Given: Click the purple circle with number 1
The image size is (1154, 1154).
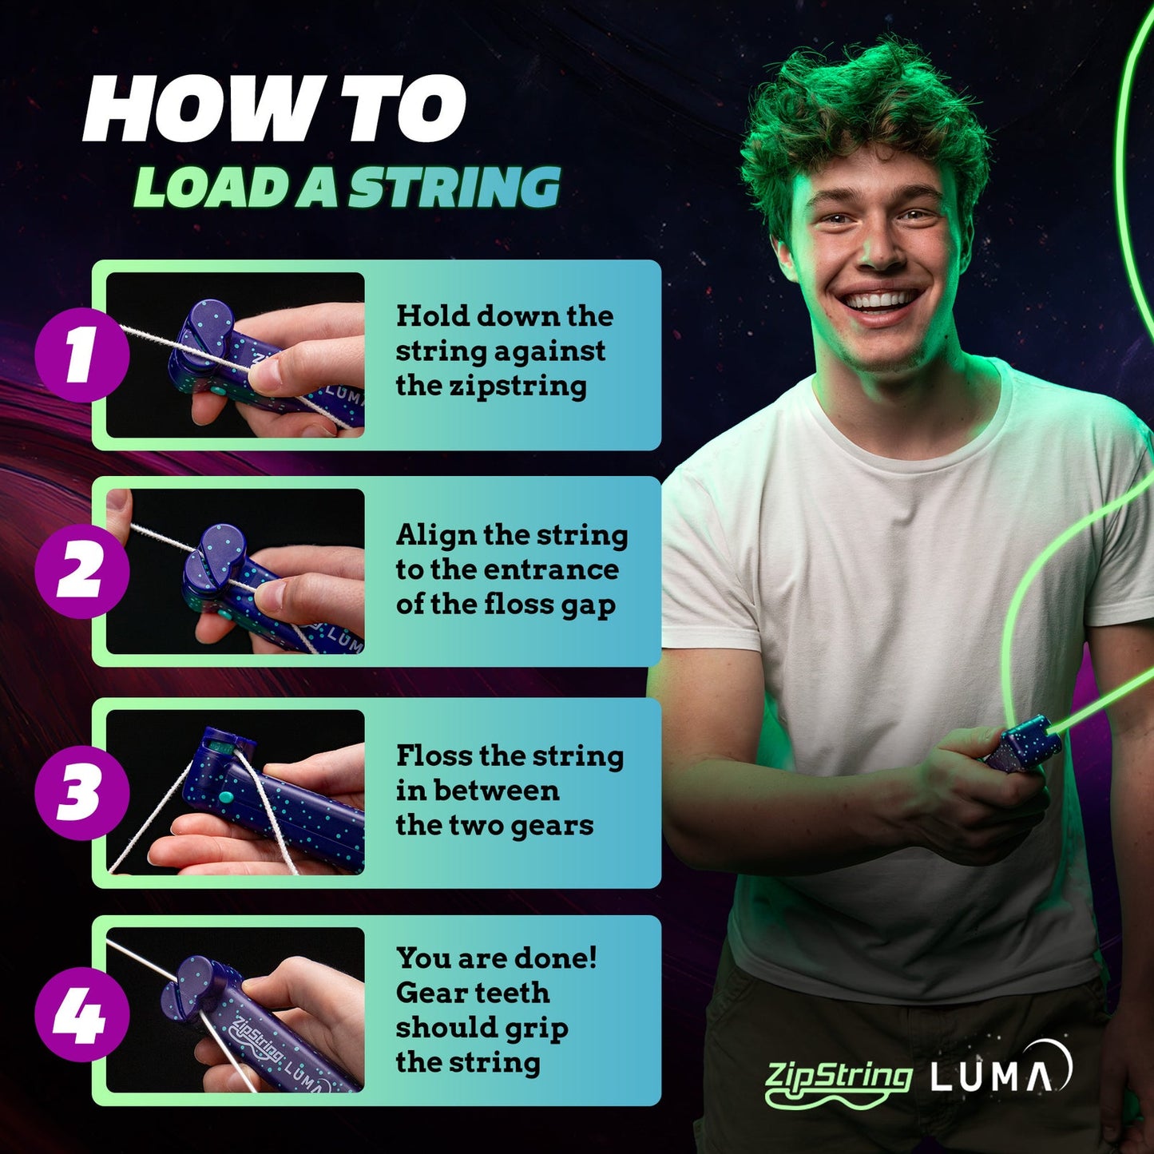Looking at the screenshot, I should (x=81, y=355).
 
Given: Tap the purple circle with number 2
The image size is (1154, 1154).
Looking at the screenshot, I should (x=81, y=571).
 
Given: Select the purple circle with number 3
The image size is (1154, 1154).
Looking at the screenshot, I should (x=81, y=792).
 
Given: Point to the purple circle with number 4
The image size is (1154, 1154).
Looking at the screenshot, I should (x=81, y=1013).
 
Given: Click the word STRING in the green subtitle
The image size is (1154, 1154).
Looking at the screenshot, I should (x=454, y=188).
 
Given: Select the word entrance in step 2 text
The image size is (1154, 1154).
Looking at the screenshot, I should (x=551, y=569).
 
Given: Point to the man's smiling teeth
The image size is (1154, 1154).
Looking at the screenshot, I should (x=880, y=302).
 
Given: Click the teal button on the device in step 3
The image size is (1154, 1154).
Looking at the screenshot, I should (x=224, y=796).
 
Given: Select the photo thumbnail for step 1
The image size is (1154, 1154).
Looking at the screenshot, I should (x=236, y=355).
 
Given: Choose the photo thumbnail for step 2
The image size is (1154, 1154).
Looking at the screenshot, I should (x=236, y=572).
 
